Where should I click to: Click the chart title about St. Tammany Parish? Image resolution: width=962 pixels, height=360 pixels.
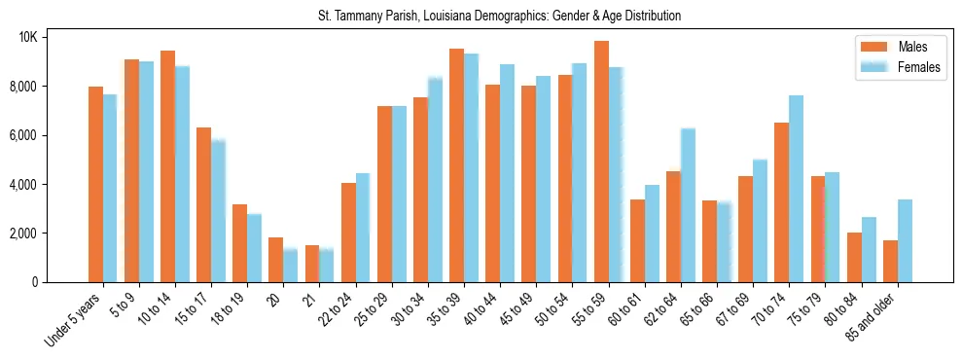[499, 17]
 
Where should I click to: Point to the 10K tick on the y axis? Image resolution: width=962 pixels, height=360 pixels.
[27, 37]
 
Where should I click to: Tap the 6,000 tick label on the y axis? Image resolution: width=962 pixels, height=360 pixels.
[22, 135]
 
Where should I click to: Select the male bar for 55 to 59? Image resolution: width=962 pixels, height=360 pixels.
[601, 162]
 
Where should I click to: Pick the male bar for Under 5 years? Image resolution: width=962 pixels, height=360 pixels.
[95, 185]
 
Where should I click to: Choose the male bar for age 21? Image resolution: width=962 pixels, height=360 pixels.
[312, 264]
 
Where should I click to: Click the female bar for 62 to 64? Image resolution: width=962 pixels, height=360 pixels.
[688, 205]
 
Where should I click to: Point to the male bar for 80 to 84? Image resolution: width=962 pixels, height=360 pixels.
[854, 258]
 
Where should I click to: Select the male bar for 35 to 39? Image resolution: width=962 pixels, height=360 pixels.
[456, 165]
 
